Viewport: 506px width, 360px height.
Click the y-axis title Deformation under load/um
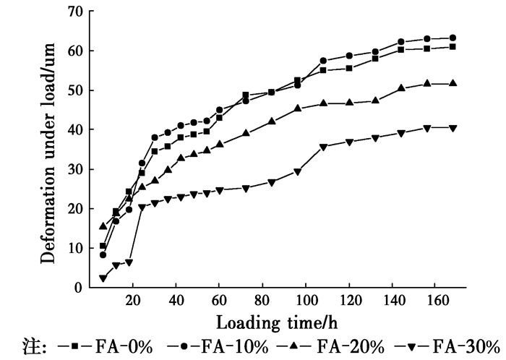(48, 150)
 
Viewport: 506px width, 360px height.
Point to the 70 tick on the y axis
(76, 12)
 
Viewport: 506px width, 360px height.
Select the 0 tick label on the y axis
(80, 288)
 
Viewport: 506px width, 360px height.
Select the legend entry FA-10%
(226, 346)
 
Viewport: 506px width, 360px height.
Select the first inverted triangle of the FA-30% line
(103, 278)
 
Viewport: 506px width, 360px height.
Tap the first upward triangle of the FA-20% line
(103, 226)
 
